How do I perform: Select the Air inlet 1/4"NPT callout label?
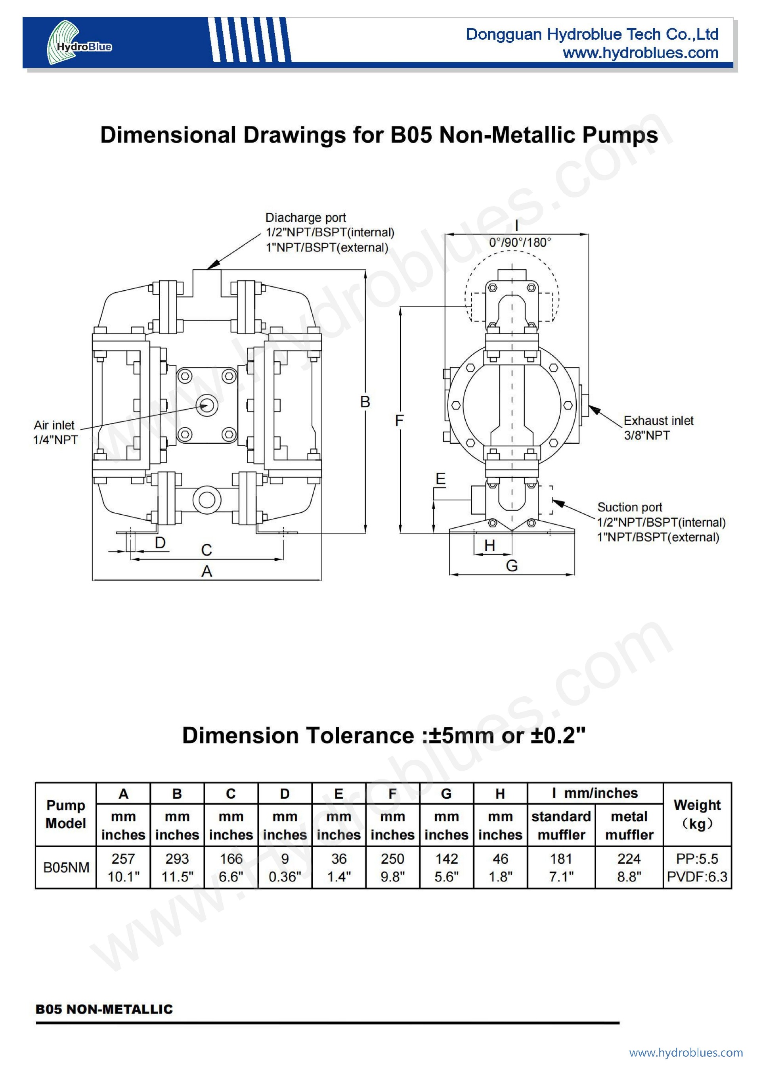55,432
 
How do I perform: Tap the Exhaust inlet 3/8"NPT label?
658,427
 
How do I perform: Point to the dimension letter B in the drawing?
365,402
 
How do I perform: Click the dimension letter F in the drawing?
399,420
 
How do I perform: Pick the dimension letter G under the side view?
512,566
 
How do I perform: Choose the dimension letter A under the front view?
207,571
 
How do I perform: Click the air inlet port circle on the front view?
207,404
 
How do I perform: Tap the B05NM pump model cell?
66,867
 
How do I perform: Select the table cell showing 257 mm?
123,859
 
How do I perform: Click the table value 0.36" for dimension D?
285,876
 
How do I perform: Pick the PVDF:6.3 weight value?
697,876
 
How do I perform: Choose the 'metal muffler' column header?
629,826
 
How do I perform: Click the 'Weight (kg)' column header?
697,814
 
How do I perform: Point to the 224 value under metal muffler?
629,859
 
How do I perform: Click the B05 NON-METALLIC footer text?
104,1009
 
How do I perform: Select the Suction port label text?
629,507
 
